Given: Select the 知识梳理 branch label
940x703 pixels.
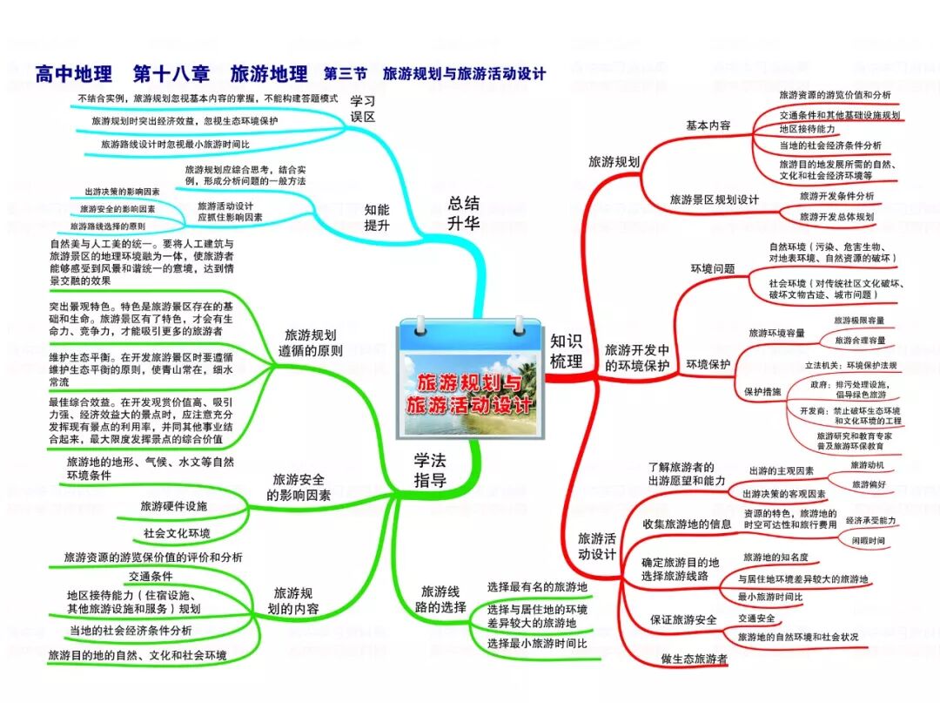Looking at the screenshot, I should pos(566,351).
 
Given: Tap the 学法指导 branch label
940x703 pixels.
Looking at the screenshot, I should pos(430,470).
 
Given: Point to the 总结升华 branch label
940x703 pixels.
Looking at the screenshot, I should pos(464,213).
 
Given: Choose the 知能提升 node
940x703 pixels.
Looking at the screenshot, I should pos(377,216).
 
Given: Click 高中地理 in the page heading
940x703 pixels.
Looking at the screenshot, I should pos(75,73).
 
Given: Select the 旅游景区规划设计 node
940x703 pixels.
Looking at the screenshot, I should pos(714,199).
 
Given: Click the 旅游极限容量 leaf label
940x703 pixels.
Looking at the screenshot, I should pos(858,321).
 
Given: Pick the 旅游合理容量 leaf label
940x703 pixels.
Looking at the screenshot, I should pos(858,340).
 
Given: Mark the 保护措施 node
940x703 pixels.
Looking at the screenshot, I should pos(762,391).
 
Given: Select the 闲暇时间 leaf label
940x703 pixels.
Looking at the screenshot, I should pos(869,540).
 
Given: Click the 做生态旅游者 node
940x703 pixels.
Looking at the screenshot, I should pos(694,659).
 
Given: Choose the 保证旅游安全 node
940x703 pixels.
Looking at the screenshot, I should pos(684,619).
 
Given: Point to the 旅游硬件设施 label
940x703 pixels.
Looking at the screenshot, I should pos(174,506).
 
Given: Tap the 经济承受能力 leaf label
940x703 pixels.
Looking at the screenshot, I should pos(870,520).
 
